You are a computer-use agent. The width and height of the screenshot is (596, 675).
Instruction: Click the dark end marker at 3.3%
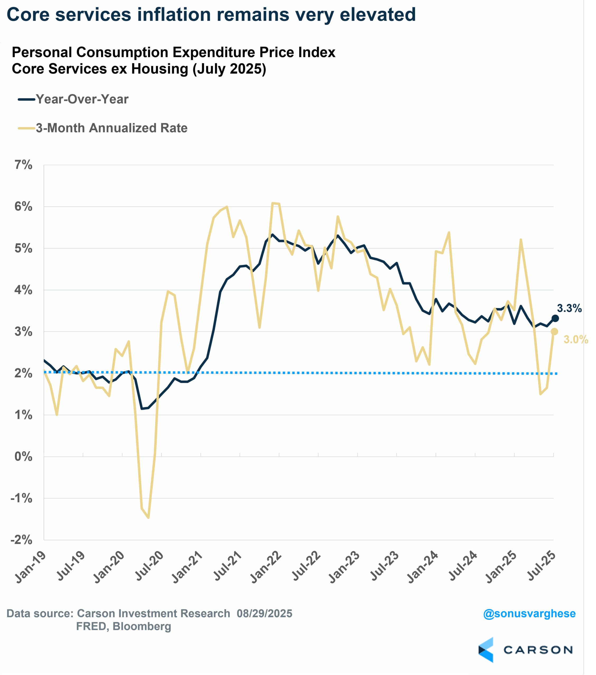(555, 318)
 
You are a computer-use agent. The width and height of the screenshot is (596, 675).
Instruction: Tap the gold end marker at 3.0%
(554, 331)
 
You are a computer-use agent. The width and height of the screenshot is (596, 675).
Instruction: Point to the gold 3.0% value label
(575, 340)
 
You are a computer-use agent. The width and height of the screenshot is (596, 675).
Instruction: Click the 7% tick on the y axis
(23, 165)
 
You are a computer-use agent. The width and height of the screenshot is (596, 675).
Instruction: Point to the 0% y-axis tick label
(23, 456)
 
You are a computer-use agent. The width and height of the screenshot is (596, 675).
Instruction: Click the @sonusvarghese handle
(529, 613)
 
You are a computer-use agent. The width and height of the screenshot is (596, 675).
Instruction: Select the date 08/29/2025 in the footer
(264, 613)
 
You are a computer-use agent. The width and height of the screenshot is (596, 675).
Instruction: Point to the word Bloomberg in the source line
(142, 626)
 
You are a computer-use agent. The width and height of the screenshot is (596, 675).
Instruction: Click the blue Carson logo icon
(486, 650)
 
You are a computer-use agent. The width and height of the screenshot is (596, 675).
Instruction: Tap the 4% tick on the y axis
(23, 290)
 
